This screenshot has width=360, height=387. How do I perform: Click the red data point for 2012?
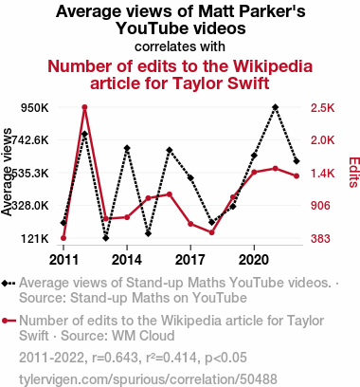84,107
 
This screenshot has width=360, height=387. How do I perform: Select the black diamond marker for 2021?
276,107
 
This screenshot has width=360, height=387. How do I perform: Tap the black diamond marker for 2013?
106,238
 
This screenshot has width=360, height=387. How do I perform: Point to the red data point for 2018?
211,232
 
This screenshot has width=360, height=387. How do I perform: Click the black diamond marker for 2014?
127,148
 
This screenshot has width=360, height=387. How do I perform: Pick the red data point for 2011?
63,238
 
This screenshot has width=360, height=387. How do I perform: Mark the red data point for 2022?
297,176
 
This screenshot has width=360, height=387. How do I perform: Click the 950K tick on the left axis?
35,108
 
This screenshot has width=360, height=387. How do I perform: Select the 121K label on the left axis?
35,238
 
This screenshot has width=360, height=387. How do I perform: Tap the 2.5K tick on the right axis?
322,108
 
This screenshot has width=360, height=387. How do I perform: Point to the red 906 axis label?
320,206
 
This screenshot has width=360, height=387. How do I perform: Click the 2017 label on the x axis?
190,260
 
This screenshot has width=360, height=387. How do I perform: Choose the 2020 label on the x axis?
254,260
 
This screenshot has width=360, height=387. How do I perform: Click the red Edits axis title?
353,173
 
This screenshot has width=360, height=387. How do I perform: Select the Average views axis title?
7,173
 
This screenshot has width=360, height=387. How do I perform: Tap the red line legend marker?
9,321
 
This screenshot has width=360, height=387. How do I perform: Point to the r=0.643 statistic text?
115,358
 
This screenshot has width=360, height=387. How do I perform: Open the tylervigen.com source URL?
148,379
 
